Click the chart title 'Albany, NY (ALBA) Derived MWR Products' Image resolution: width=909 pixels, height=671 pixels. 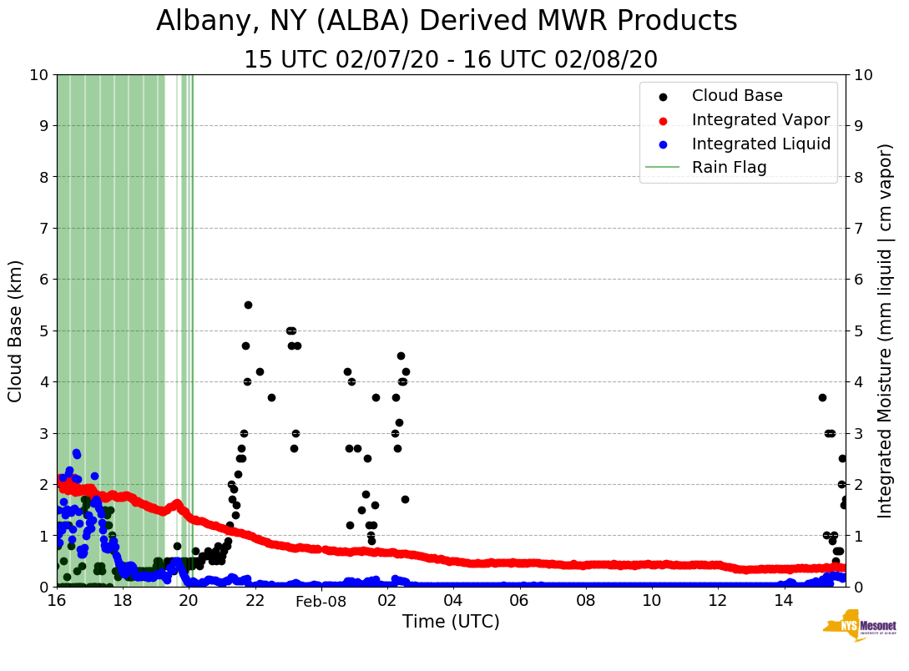(x=447, y=21)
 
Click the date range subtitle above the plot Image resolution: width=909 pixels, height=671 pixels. (x=451, y=60)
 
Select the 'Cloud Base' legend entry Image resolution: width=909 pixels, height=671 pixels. (x=737, y=96)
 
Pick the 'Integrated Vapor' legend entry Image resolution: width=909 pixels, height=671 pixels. (x=760, y=119)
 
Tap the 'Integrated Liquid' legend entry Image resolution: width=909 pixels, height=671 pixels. (x=760, y=144)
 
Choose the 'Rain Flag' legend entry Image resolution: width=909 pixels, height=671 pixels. (x=729, y=168)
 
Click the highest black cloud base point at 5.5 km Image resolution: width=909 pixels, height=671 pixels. (x=248, y=305)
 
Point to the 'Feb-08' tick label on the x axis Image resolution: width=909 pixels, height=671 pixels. (x=321, y=601)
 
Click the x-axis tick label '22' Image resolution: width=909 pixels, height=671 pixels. (x=255, y=601)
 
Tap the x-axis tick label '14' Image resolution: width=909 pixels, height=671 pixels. (x=783, y=601)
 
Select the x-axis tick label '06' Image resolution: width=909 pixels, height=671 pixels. (x=519, y=601)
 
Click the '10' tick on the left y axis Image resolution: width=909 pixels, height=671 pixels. (x=38, y=75)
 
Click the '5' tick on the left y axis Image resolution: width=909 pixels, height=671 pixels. (x=43, y=330)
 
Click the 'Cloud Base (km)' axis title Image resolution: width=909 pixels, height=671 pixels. (x=16, y=330)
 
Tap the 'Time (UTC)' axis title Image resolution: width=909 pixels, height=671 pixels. (x=451, y=622)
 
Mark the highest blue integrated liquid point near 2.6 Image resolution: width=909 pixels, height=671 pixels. (x=76, y=453)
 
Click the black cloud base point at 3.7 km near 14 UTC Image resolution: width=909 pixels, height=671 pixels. (x=822, y=397)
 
